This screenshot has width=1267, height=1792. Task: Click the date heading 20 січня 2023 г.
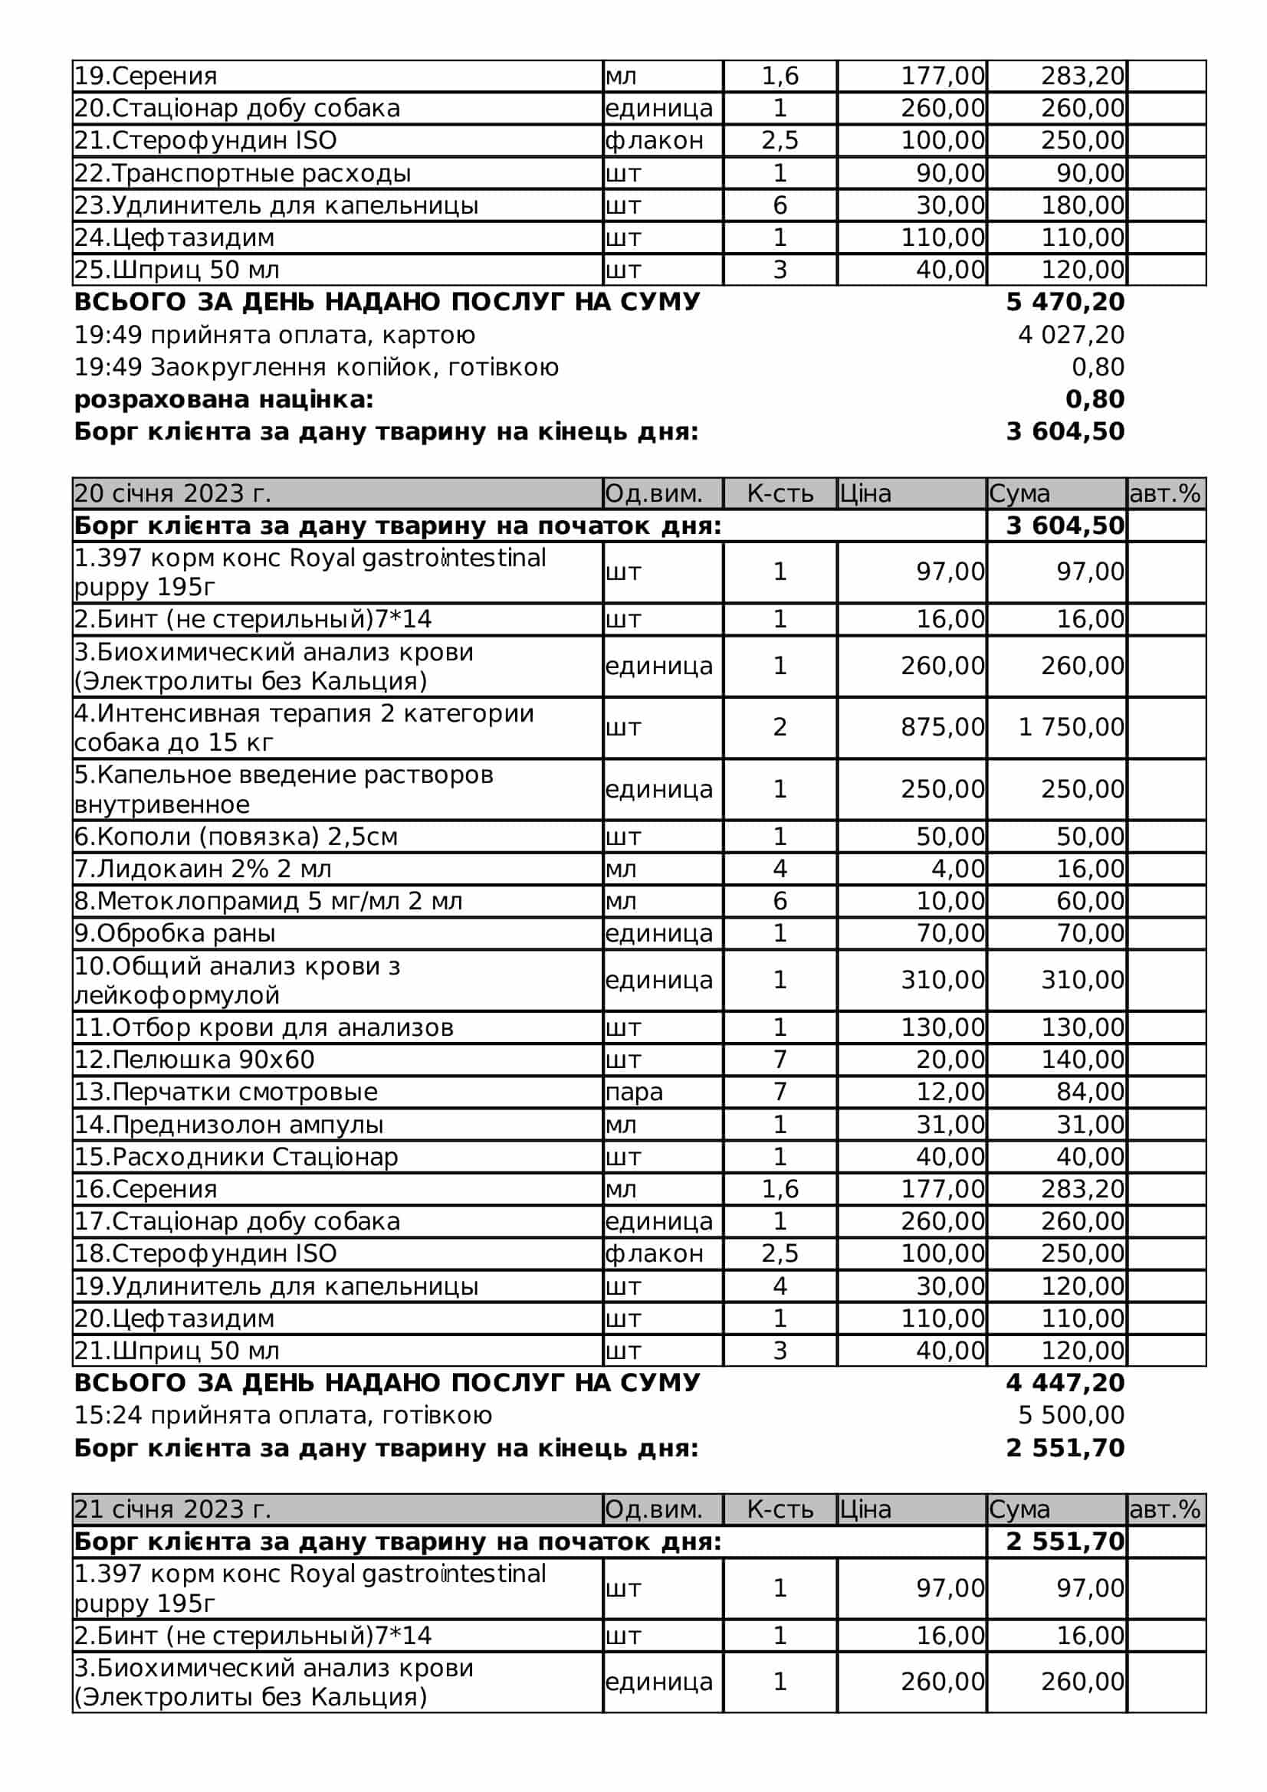[x=172, y=493]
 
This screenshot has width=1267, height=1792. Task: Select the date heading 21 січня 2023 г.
[x=172, y=1509]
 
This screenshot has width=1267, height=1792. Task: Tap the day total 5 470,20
[x=1065, y=302]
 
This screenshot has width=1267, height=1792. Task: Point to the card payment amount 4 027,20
[x=1071, y=335]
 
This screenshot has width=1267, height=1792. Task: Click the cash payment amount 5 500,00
[x=1071, y=1415]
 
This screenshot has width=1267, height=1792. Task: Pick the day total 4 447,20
[x=1065, y=1382]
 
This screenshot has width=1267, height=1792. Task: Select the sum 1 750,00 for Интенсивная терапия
[x=1071, y=726]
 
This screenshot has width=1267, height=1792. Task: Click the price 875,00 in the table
[x=942, y=726]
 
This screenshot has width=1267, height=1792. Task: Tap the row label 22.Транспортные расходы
[x=242, y=173]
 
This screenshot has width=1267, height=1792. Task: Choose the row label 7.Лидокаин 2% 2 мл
[x=203, y=869]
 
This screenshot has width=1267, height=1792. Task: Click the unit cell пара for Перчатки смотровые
[x=634, y=1092]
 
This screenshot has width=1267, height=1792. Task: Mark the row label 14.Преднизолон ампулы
[x=228, y=1125]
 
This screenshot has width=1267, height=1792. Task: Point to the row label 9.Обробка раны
[x=175, y=932]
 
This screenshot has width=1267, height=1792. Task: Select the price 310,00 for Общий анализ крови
[x=942, y=980]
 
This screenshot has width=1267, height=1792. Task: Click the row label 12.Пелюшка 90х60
[x=195, y=1059]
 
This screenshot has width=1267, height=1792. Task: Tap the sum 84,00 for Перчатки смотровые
[x=1090, y=1092]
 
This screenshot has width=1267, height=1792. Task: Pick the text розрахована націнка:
[x=224, y=400]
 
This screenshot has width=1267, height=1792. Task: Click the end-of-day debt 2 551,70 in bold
[x=1065, y=1448]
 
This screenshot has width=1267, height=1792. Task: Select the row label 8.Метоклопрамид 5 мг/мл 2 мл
[x=268, y=901]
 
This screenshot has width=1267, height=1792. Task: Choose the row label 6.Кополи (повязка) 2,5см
[x=236, y=837]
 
